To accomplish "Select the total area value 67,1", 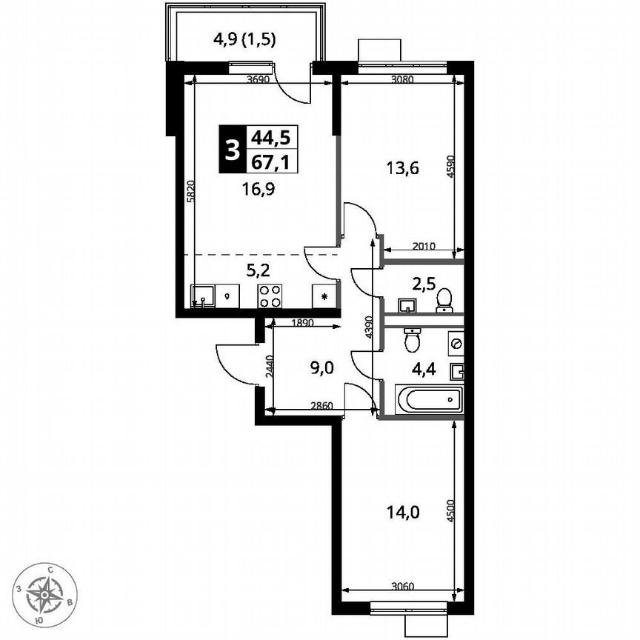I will coord(270,161).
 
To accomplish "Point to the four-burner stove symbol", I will coord(270,296).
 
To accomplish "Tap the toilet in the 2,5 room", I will coord(444,300).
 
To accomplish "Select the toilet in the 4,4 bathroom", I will coord(413,340).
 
